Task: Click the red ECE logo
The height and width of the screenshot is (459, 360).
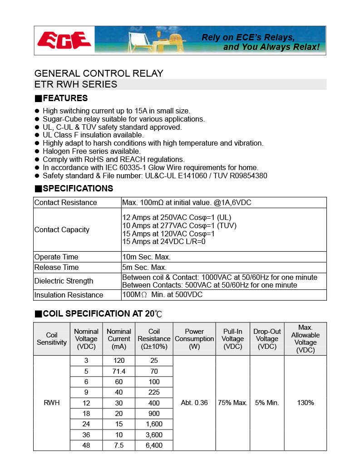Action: point(64,40)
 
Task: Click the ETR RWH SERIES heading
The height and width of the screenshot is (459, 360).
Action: point(76,84)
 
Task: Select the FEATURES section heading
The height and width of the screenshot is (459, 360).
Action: point(61,98)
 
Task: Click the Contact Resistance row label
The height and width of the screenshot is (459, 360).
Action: point(65,203)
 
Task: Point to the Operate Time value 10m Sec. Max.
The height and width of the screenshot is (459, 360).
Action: point(146,257)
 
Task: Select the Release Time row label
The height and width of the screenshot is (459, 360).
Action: point(56,268)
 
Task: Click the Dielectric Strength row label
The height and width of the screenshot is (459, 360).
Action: point(64,281)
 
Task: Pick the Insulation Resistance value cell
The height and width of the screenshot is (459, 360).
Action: point(162,295)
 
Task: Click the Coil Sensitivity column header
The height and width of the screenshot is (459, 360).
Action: point(52,339)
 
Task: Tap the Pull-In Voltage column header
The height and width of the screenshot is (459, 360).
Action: point(232,339)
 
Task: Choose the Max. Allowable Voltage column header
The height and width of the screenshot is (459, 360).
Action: point(305,339)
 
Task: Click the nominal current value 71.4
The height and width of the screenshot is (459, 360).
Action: point(119,371)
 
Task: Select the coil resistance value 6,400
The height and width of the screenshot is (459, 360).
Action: point(154,445)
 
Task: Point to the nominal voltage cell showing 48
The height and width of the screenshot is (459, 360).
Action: point(86,445)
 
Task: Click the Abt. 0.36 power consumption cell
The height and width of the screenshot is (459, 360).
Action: point(194,403)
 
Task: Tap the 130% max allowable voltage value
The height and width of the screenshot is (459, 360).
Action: point(305,403)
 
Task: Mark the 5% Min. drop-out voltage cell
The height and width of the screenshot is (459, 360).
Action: point(266,403)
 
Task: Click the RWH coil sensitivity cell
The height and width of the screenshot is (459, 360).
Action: point(52,403)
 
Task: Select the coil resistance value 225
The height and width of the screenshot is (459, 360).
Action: point(154,392)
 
